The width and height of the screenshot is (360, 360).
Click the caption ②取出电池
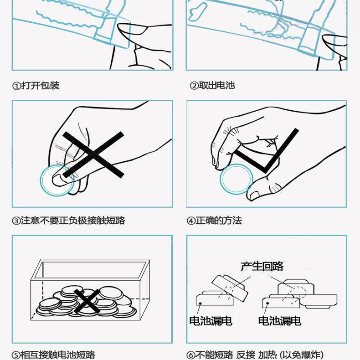[x=212, y=86]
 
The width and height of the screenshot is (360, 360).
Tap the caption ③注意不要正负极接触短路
[x=68, y=221]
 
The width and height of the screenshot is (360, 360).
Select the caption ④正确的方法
[x=214, y=221]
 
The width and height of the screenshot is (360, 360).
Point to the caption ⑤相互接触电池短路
[x=53, y=355]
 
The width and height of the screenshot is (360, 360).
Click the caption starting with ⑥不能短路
[x=255, y=355]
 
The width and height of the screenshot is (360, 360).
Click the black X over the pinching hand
[x=93, y=154]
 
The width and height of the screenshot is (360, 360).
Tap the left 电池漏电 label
[x=211, y=321]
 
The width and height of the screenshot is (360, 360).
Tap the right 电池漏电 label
[x=280, y=321]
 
